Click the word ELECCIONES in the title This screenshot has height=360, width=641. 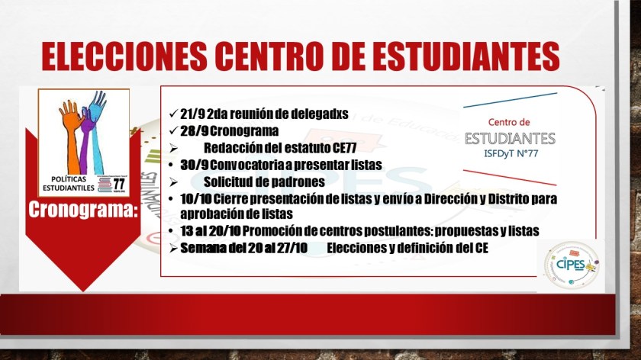pyautogui.click(x=124, y=56)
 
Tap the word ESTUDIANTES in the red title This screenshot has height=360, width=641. pyautogui.click(x=465, y=56)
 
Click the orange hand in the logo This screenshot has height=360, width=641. pyautogui.click(x=72, y=130)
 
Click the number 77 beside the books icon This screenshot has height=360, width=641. pyautogui.click(x=118, y=185)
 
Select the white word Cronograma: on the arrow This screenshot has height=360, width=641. pyautogui.click(x=83, y=209)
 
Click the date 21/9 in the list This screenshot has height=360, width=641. pyautogui.click(x=192, y=114)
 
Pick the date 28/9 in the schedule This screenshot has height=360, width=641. pyautogui.click(x=194, y=130)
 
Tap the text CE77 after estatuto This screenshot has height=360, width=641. pyautogui.click(x=344, y=147)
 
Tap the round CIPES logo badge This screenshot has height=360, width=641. pyautogui.click(x=572, y=265)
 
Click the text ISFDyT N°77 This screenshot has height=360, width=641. pyautogui.click(x=511, y=153)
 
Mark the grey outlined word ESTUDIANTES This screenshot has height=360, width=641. pyautogui.click(x=510, y=139)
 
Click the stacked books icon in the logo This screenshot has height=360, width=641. pyautogui.click(x=105, y=185)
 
